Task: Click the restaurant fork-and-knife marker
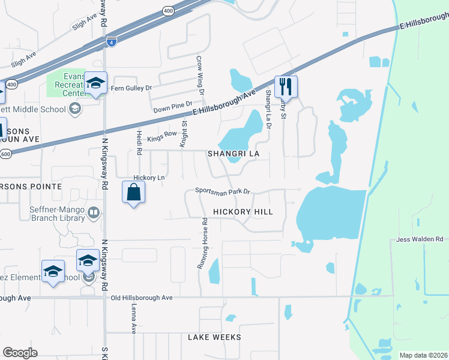[286, 86]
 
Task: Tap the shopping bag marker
[133, 193]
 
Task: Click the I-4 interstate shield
[111, 41]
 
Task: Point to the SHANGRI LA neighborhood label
[234, 154]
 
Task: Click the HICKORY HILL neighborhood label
[243, 212]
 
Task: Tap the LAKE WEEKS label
[214, 337]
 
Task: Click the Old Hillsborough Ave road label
[142, 298]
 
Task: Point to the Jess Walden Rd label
[420, 239]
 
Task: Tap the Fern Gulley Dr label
[131, 88]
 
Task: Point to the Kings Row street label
[161, 135]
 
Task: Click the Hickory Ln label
[149, 178]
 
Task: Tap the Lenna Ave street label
[134, 318]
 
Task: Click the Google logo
[20, 353]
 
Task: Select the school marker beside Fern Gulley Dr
[95, 83]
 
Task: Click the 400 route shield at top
[167, 11]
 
